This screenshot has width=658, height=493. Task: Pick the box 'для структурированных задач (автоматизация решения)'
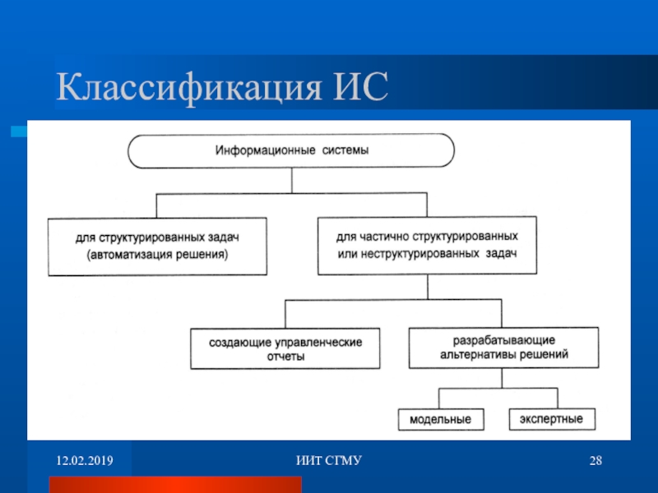pos(157,246)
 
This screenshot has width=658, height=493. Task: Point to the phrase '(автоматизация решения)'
pos(157,255)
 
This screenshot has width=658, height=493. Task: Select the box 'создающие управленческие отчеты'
pos(285,348)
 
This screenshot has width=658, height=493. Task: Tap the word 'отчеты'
pos(285,357)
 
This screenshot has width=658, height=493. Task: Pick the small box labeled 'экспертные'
pos(550,419)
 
